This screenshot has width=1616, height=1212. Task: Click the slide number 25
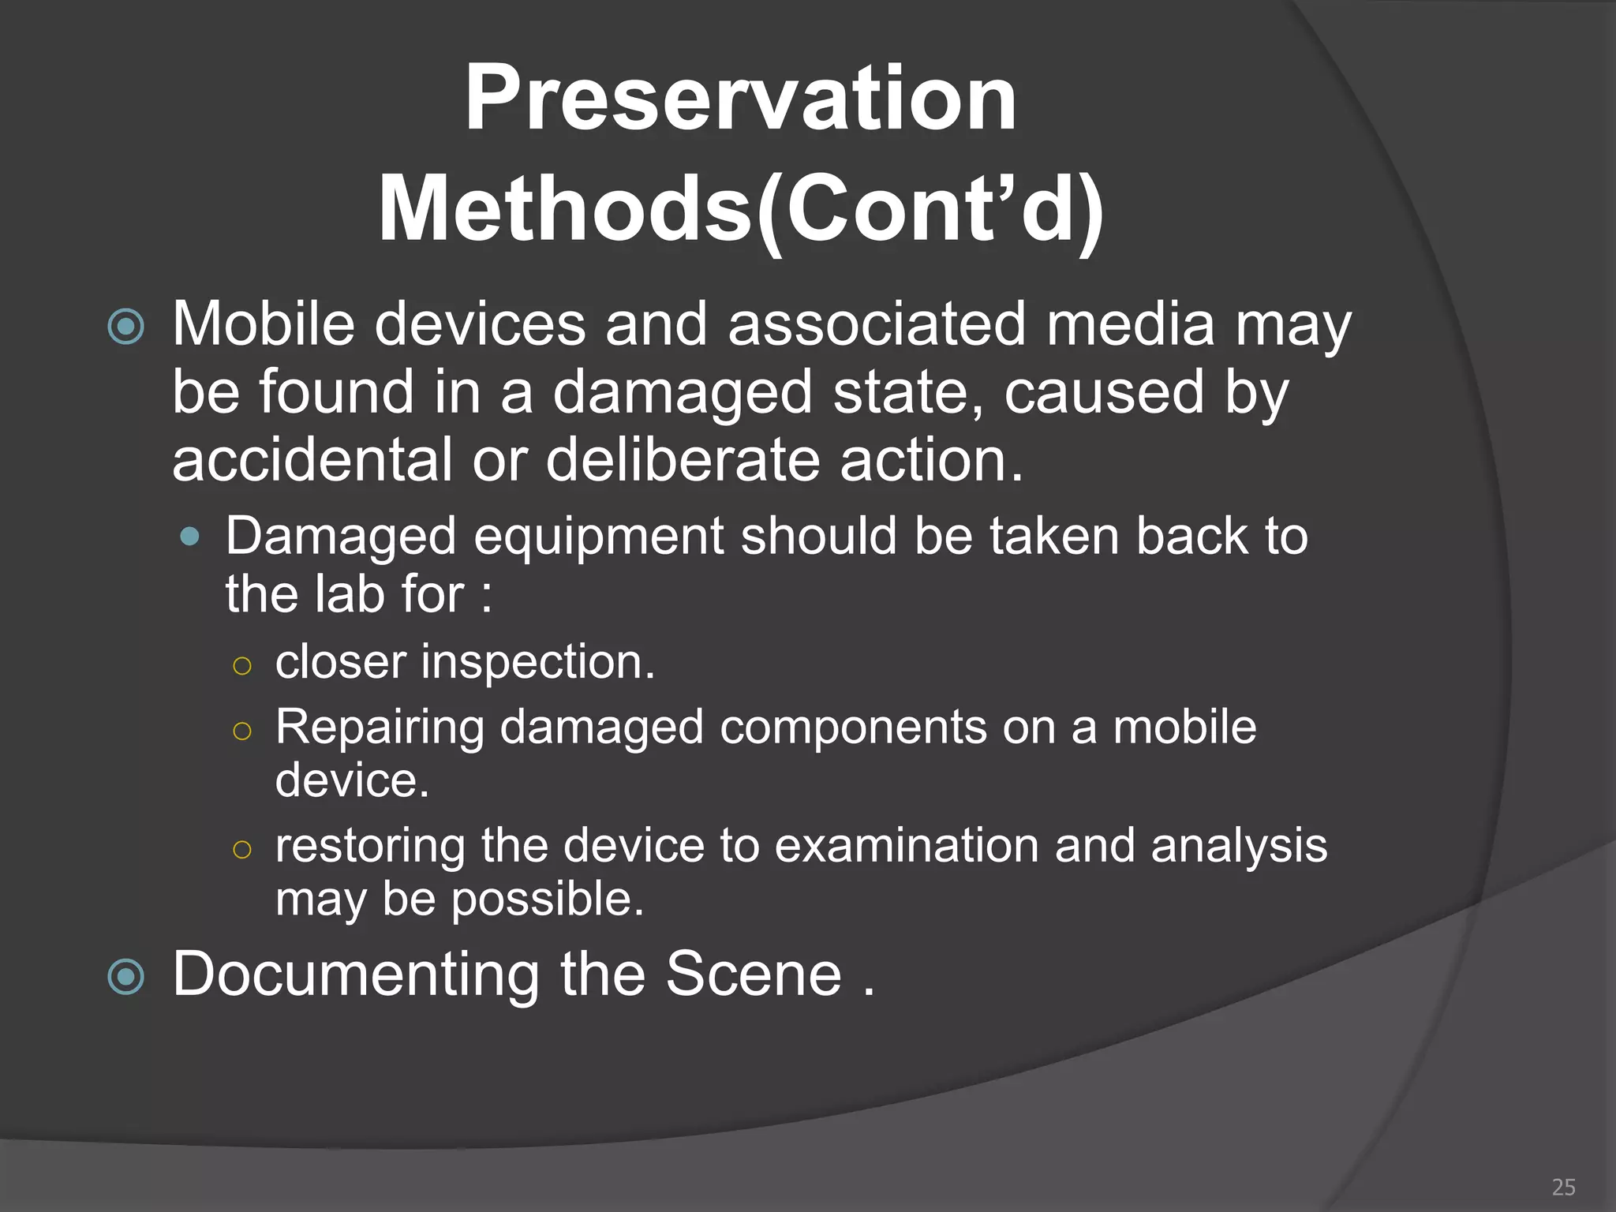(1563, 1187)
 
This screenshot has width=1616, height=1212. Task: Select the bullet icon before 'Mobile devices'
(126, 327)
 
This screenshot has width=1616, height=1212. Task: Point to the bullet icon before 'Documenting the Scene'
(126, 978)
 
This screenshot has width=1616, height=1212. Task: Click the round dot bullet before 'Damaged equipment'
(189, 537)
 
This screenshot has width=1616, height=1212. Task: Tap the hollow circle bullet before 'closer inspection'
(242, 665)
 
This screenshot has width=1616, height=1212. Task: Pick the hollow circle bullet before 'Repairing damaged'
(242, 731)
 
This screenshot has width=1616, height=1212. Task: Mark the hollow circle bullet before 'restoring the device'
(242, 849)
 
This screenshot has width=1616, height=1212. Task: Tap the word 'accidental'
(312, 460)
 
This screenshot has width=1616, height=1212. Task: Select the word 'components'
(853, 728)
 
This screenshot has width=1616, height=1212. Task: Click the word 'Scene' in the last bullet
(754, 974)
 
